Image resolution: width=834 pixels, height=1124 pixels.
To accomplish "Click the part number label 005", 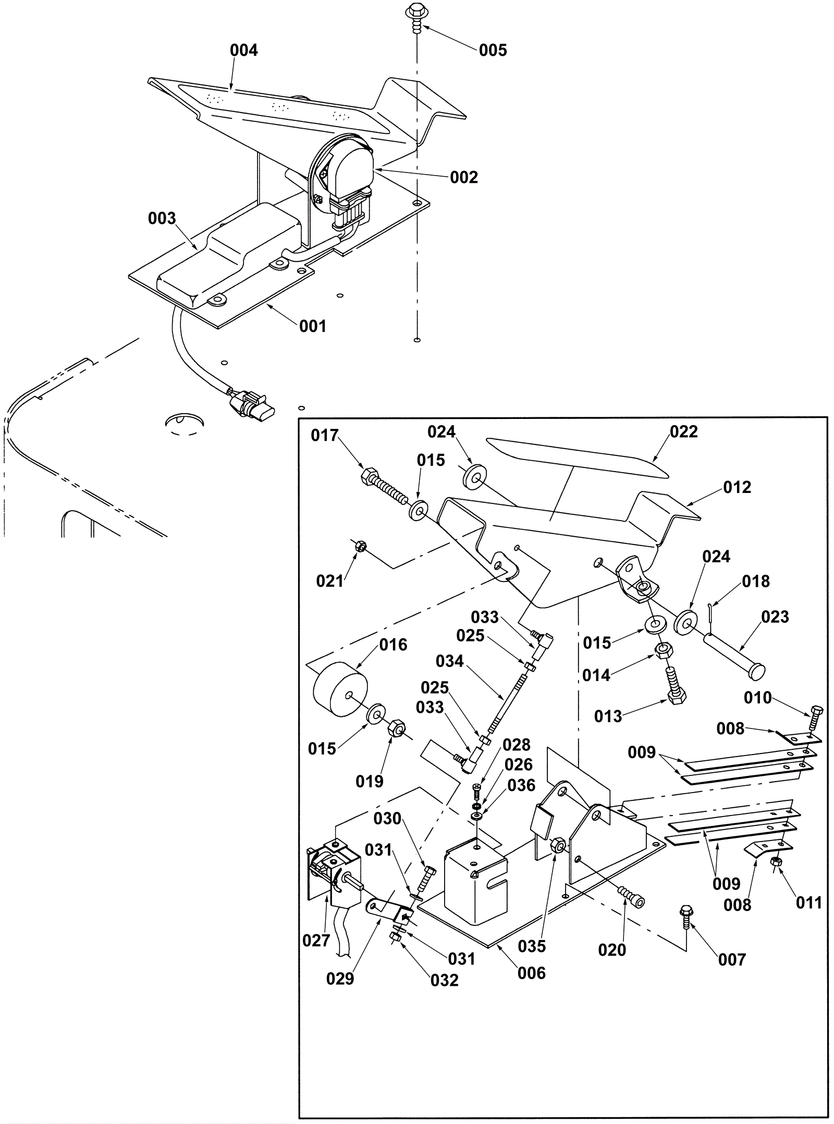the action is (x=493, y=51).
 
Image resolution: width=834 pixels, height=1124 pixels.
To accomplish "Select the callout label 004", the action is (x=244, y=51).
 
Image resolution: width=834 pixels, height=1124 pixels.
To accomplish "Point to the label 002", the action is (x=464, y=177).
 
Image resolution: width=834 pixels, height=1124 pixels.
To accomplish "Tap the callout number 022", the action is (x=683, y=431).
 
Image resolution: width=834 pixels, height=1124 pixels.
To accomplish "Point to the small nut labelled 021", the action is (x=359, y=547).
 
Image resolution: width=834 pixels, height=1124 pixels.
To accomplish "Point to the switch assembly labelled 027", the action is (x=334, y=870).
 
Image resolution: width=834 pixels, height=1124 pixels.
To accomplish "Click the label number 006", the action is (x=531, y=973).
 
